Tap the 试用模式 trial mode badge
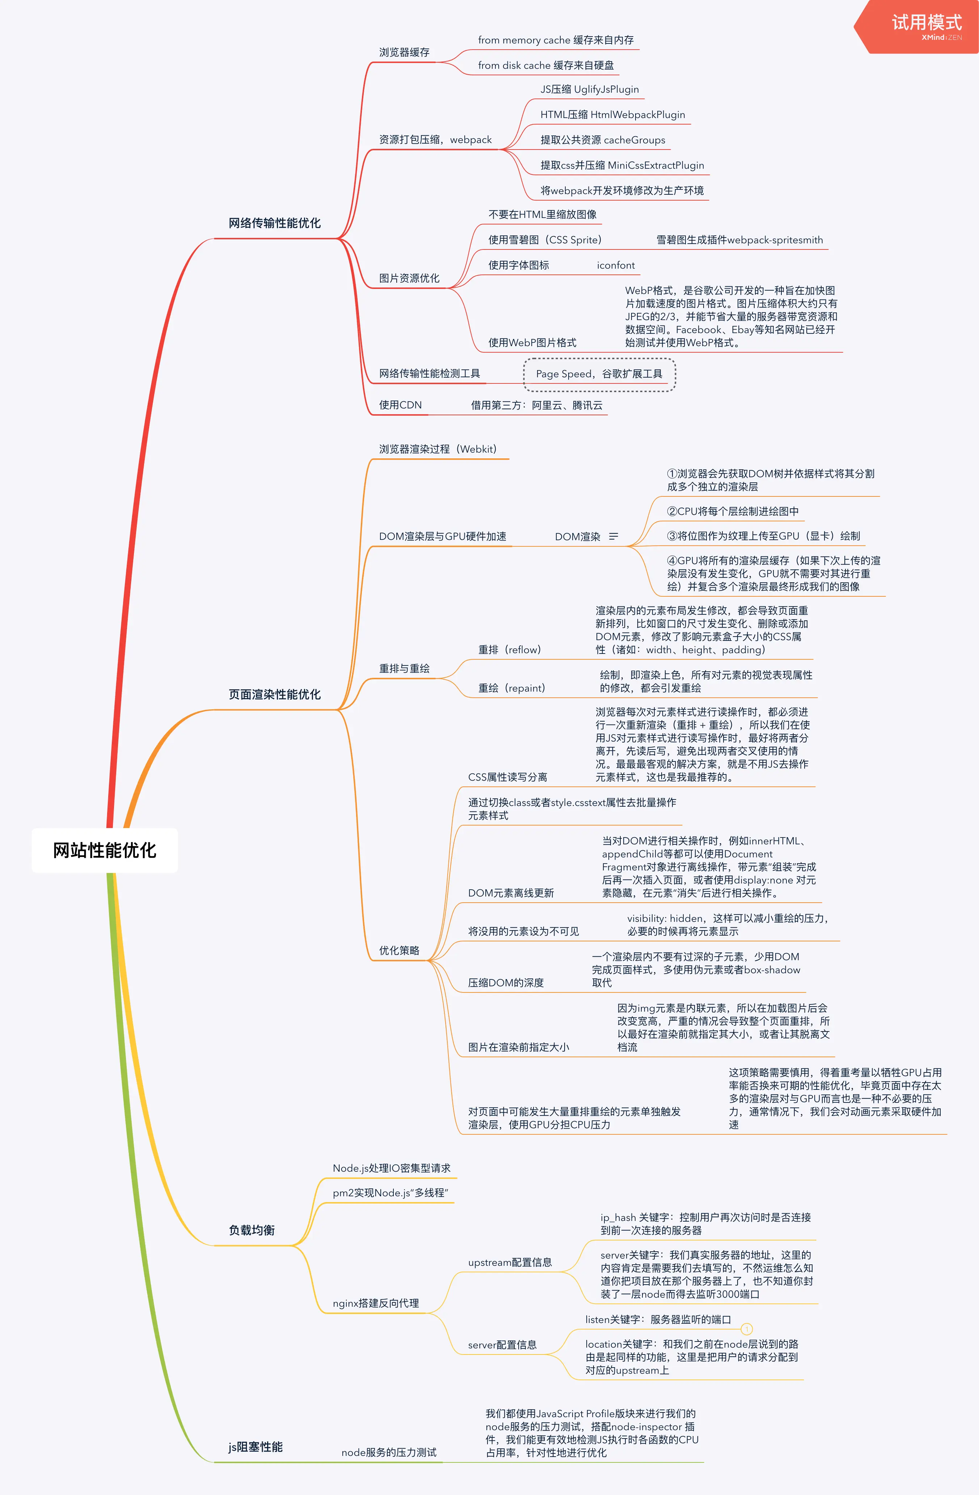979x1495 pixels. click(926, 24)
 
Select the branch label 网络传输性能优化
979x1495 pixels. click(274, 223)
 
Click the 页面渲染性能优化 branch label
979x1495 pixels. click(274, 694)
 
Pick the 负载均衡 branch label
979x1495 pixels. click(251, 1230)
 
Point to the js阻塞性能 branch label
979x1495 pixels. click(255, 1446)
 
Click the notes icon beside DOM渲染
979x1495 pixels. click(613, 537)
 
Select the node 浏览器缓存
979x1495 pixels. click(404, 52)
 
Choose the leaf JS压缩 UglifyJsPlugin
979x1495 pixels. click(589, 89)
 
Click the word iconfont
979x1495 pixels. click(615, 265)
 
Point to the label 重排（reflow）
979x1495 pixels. click(509, 650)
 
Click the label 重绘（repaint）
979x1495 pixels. click(511, 688)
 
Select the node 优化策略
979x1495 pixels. click(399, 950)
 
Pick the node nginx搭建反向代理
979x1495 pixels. click(376, 1303)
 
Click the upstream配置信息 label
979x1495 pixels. click(509, 1262)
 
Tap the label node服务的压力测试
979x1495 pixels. click(389, 1452)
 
